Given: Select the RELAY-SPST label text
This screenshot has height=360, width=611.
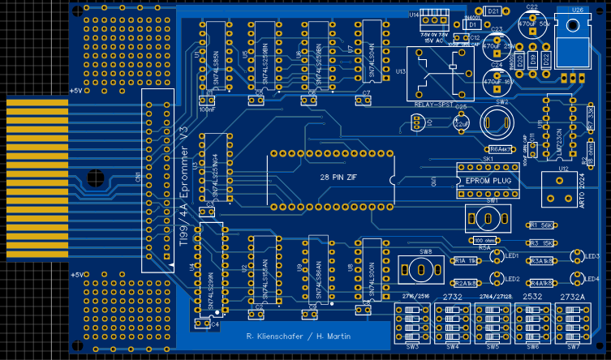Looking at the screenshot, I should click(x=434, y=105).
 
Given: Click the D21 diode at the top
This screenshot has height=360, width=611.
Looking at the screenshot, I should click(x=493, y=11).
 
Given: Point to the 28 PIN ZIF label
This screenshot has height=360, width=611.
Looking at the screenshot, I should click(x=336, y=175).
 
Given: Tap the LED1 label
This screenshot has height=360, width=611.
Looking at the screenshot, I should click(x=512, y=255).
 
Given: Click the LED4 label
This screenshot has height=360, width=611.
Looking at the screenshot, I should click(x=592, y=278).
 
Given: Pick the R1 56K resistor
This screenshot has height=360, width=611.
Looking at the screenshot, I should click(x=541, y=225).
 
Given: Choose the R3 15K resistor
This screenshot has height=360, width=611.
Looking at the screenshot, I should click(x=541, y=242).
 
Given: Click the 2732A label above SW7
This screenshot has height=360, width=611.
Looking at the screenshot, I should click(x=572, y=298).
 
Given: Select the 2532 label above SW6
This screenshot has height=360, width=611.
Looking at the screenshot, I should click(x=532, y=298).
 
